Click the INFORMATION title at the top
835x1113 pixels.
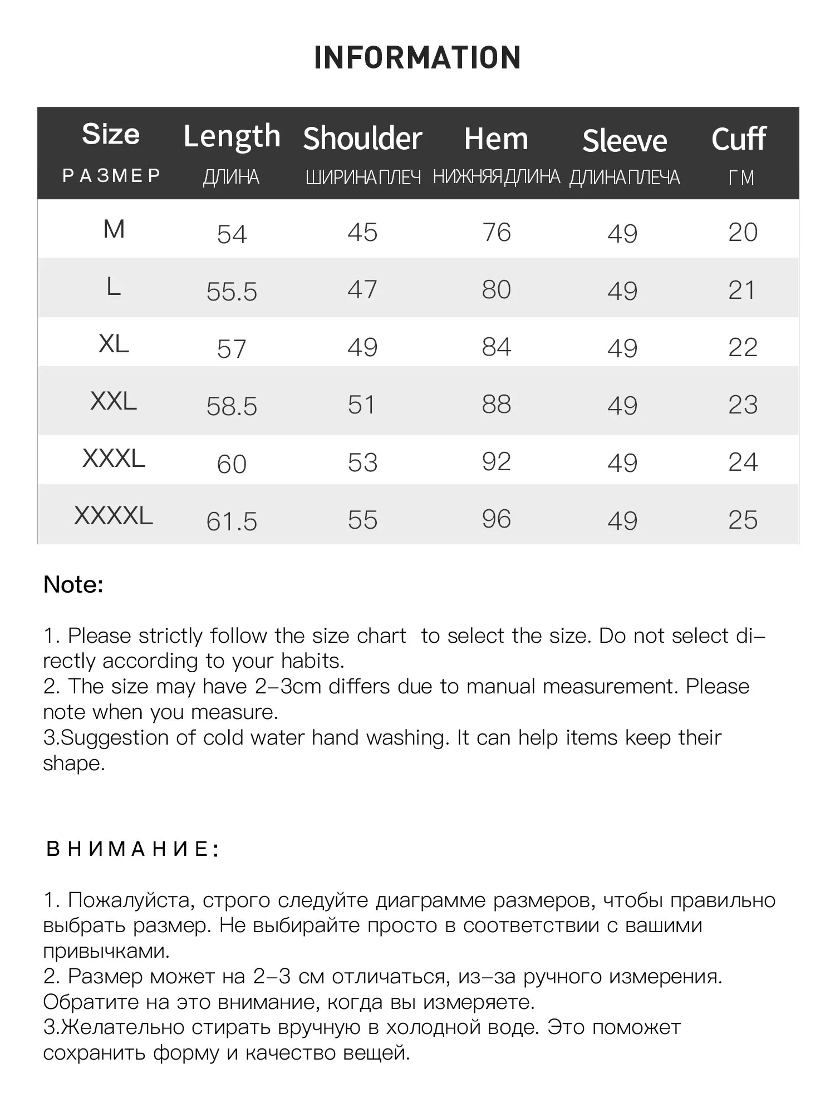click(x=417, y=58)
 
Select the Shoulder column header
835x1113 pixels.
click(x=362, y=139)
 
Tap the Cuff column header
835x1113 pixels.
click(x=739, y=139)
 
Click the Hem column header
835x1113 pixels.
click(x=496, y=139)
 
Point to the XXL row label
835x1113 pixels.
click(x=114, y=401)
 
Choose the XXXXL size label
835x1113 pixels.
click(x=114, y=516)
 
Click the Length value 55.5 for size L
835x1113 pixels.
click(x=232, y=292)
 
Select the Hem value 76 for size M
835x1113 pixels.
click(x=497, y=233)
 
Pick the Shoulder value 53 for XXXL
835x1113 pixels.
click(x=362, y=463)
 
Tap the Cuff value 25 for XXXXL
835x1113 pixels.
click(x=743, y=520)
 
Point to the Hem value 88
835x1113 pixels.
click(x=497, y=405)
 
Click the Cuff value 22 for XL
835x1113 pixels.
click(x=743, y=348)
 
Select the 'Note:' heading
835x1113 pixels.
click(x=73, y=585)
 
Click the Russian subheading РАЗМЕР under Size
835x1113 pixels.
click(x=111, y=176)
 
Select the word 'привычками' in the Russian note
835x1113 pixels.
click(x=106, y=951)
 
